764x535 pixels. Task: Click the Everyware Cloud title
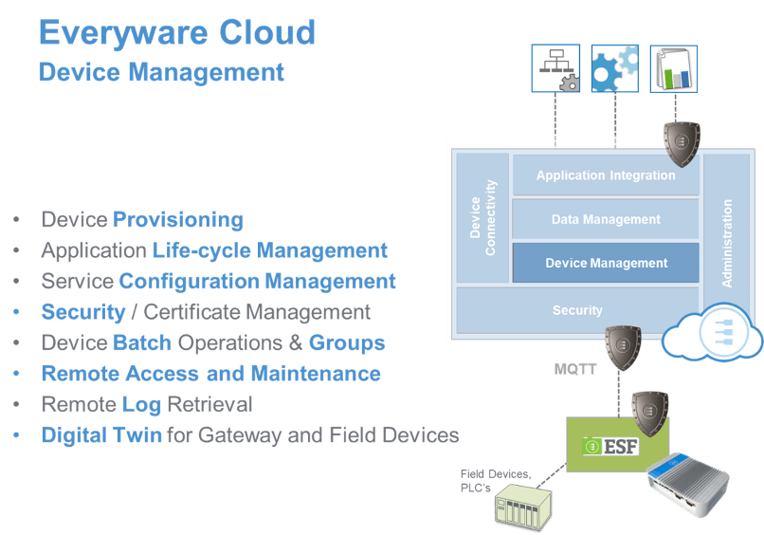176,32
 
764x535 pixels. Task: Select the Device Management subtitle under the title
161,72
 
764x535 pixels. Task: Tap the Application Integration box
606,175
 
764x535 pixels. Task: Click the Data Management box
606,219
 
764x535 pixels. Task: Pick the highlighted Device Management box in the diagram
606,263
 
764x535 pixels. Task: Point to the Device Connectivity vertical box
482,218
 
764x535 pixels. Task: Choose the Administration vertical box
727,243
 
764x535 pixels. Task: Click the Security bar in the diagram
577,310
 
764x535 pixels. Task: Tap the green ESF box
617,444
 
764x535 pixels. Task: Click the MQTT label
576,368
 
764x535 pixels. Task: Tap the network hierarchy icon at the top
556,68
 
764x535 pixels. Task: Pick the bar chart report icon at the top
674,68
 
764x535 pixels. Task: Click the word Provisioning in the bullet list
178,220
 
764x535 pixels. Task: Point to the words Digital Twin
101,435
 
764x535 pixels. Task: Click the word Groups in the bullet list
347,342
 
